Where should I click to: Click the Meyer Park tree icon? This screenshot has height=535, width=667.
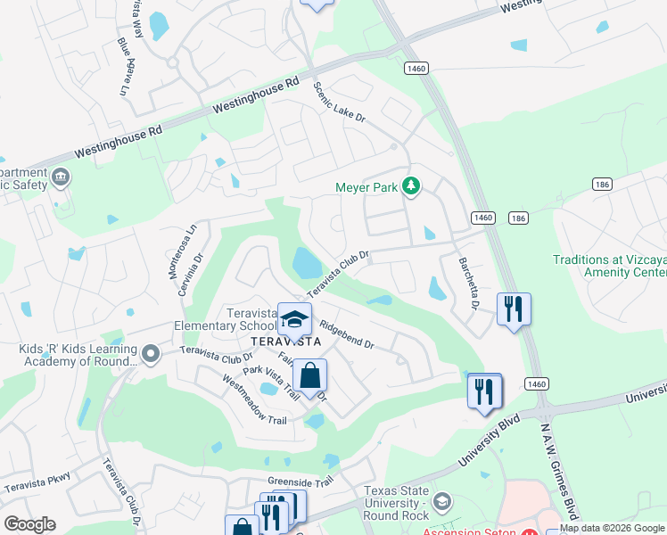point(411,186)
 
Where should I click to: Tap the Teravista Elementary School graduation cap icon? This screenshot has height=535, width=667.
point(294,318)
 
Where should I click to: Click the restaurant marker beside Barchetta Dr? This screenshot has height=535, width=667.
point(514,309)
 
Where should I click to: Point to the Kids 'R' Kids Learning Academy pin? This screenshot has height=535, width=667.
point(150,355)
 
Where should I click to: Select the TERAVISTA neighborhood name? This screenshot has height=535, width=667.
point(285,342)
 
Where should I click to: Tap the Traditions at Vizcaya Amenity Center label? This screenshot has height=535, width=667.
point(608,267)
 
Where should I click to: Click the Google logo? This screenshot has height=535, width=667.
point(29,524)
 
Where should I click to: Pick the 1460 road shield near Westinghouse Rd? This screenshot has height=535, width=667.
point(416,68)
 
